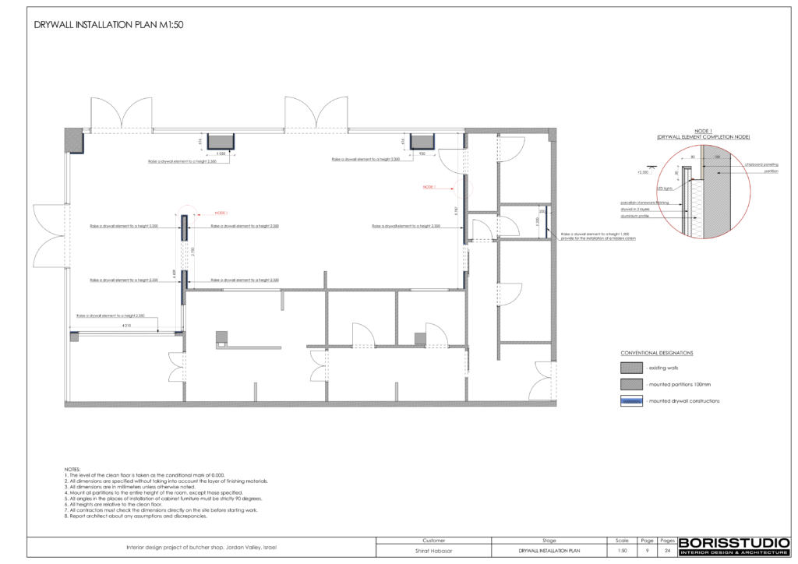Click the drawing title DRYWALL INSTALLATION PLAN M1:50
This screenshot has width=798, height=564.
108,25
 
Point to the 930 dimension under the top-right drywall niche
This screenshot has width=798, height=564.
422,153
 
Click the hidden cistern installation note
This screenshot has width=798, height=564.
598,238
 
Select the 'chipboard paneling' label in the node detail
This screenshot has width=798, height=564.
761,165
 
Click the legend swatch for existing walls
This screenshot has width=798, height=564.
630,367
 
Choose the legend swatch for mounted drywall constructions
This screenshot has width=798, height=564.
630,400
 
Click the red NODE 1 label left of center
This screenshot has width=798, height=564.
221,212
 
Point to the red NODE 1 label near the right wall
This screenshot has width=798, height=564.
429,187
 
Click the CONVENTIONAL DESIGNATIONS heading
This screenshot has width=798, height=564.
656,352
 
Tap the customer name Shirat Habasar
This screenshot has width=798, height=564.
433,550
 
